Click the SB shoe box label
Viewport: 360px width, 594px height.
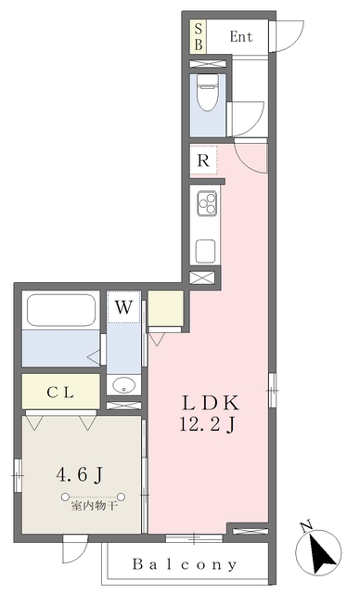pyautogui.click(x=199, y=38)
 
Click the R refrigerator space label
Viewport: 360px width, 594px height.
pyautogui.click(x=202, y=160)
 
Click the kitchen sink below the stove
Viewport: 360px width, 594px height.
pyautogui.click(x=205, y=250)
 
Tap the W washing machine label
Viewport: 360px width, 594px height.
pyautogui.click(x=123, y=305)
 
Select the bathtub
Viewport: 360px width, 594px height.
pyautogui.click(x=60, y=310)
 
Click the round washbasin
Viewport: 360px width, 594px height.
pyautogui.click(x=123, y=385)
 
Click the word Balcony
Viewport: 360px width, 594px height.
pyautogui.click(x=185, y=563)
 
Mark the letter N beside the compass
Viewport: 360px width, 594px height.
pyautogui.click(x=306, y=527)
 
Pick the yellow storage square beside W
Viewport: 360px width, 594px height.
pyautogui.click(x=165, y=309)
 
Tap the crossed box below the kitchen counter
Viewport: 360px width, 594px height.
pyautogui.click(x=203, y=277)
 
